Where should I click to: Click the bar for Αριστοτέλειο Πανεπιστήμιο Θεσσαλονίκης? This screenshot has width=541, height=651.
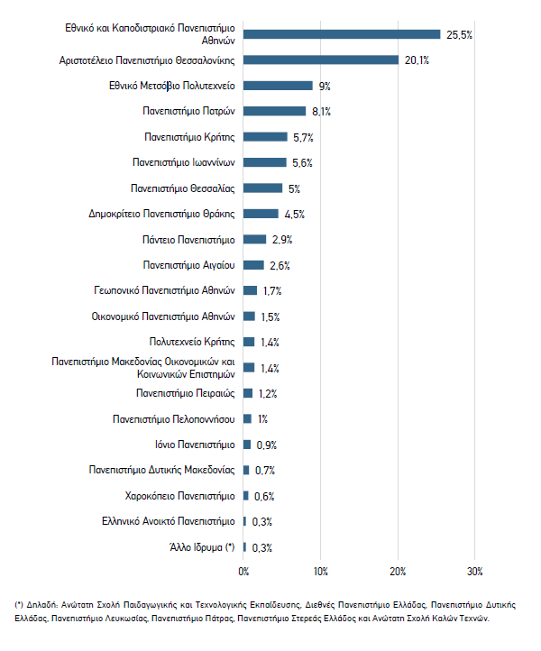[321, 60]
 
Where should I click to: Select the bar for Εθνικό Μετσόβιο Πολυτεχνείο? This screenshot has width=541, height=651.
[278, 86]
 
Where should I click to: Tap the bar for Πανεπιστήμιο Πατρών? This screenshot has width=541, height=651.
[274, 111]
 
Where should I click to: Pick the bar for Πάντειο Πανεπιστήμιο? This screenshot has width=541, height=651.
[254, 240]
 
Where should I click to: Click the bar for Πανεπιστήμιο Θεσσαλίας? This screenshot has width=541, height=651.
[262, 188]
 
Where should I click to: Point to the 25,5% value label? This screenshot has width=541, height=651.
[459, 35]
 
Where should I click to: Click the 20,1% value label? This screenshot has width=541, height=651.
[417, 60]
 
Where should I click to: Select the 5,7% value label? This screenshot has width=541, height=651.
[303, 137]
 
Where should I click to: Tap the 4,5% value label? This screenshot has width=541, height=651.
[294, 215]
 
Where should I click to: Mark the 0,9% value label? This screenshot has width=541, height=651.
[267, 445]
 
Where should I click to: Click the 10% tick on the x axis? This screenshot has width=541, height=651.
[320, 572]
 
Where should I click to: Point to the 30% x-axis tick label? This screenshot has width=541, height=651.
[475, 572]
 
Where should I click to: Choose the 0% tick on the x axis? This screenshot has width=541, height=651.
[243, 572]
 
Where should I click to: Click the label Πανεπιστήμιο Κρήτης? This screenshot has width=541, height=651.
[189, 137]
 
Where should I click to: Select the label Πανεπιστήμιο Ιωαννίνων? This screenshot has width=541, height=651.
[184, 162]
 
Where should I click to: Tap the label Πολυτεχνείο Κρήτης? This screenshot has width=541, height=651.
[192, 342]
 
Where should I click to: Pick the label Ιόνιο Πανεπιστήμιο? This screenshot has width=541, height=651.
[195, 445]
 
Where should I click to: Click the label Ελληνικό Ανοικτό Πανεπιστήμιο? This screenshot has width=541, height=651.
[168, 521]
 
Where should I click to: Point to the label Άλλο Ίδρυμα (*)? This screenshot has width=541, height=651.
[202, 547]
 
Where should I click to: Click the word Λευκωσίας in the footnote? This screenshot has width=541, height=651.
[128, 619]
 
